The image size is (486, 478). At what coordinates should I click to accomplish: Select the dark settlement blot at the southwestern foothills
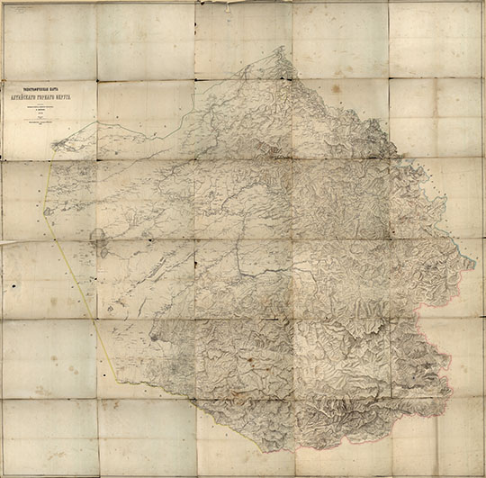[x=155, y=338]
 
